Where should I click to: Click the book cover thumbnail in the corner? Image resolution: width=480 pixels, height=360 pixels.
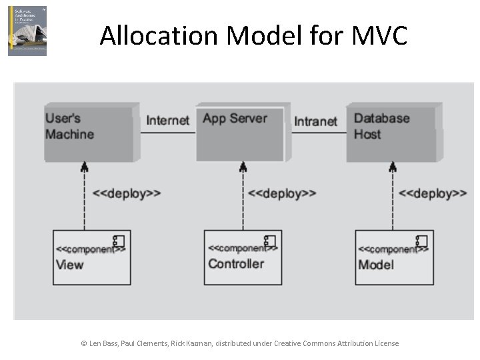coord(27,31)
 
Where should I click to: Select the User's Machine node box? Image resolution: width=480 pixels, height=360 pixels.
coord(91,132)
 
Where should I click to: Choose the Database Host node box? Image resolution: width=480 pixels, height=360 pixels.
coord(391,133)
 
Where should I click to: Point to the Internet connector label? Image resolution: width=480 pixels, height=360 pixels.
coord(168,120)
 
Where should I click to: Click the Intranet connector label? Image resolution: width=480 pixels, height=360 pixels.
coord(315,121)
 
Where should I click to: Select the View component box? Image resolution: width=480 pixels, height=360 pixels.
coord(89,257)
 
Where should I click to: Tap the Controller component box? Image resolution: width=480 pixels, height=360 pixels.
coord(243,257)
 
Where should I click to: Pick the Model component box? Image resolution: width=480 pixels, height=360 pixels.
coord(394,257)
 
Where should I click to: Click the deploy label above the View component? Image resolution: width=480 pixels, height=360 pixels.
coord(126,193)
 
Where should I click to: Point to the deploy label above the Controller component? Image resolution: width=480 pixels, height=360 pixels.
coord(281,193)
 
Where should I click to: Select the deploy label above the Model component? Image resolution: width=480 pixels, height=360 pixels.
coord(432,193)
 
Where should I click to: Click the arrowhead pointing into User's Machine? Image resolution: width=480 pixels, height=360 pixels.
coord(84,167)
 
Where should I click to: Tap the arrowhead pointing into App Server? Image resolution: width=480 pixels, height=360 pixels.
coord(243,167)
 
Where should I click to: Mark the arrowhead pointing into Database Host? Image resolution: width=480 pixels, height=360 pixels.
coord(392,167)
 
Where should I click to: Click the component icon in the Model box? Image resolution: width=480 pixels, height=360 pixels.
coord(421,241)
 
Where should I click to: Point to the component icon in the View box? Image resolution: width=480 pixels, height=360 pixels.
coord(118,241)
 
